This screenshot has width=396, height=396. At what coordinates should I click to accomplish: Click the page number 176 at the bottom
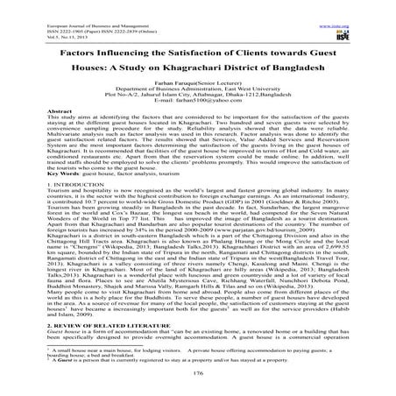pos(197,373)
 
